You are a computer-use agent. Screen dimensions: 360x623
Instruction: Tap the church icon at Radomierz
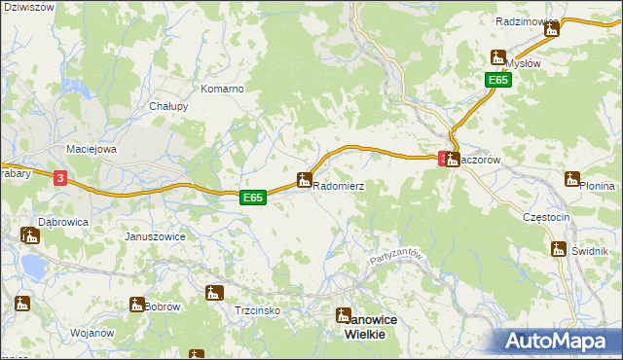click(304, 179)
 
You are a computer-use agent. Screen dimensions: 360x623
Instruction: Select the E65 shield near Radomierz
click(253, 198)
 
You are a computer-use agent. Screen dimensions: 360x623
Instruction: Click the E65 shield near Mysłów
click(498, 81)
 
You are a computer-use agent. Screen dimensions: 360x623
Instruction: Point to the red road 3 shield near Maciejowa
click(60, 178)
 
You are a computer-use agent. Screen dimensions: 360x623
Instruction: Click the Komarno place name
click(222, 89)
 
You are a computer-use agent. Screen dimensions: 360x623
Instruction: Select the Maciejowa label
click(91, 149)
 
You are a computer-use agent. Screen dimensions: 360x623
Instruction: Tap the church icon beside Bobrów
click(137, 306)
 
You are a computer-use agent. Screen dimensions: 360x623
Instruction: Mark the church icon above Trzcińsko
click(214, 292)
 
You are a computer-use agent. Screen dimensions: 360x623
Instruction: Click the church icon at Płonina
click(572, 179)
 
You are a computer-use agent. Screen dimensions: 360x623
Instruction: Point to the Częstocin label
click(545, 217)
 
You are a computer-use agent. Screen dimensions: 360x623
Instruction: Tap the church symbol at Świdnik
click(559, 249)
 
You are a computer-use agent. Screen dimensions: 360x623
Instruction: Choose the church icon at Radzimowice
click(552, 29)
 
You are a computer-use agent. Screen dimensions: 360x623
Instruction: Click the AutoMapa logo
click(557, 341)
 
